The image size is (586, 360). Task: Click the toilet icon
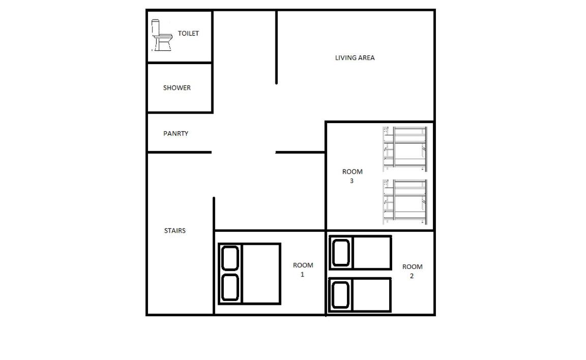click(162, 36)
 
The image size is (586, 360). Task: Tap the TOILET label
click(188, 33)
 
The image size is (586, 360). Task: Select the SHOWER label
click(177, 88)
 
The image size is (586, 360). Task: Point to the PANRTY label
click(175, 133)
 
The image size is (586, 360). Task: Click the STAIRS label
click(175, 230)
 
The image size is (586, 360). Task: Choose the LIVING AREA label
click(355, 57)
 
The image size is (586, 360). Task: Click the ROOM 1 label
click(303, 269)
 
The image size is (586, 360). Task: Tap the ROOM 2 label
click(412, 271)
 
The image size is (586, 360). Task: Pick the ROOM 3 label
click(352, 176)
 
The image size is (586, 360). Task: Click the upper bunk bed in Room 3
click(405, 149)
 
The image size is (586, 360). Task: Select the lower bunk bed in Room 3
click(405, 202)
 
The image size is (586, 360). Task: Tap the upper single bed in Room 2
click(360, 252)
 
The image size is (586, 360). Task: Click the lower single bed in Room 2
click(360, 295)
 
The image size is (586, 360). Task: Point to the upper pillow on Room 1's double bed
click(230, 258)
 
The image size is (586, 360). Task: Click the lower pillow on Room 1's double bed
click(230, 288)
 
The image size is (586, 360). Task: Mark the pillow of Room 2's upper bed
click(341, 253)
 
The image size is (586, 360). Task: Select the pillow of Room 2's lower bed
click(340, 295)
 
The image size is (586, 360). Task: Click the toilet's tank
click(156, 27)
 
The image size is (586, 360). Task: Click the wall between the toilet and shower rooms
click(180, 63)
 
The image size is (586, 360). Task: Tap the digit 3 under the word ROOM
click(351, 181)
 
